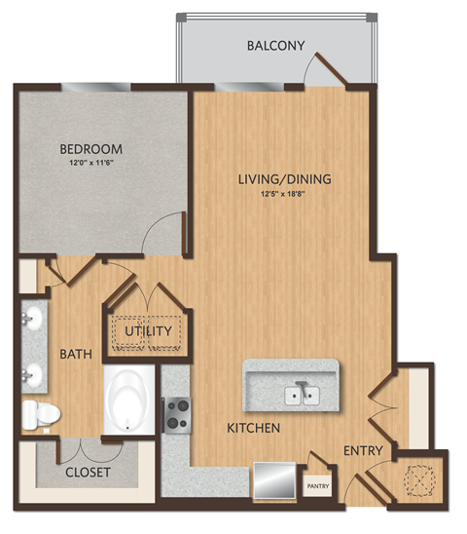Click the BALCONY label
tap(276, 46)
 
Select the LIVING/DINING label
tap(285, 179)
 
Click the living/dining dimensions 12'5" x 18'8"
tap(285, 194)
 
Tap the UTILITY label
tap(148, 331)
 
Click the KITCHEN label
tap(254, 428)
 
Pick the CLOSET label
tap(89, 473)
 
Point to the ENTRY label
tap(362, 450)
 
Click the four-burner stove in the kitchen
tap(176, 414)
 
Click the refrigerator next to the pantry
tap(271, 479)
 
